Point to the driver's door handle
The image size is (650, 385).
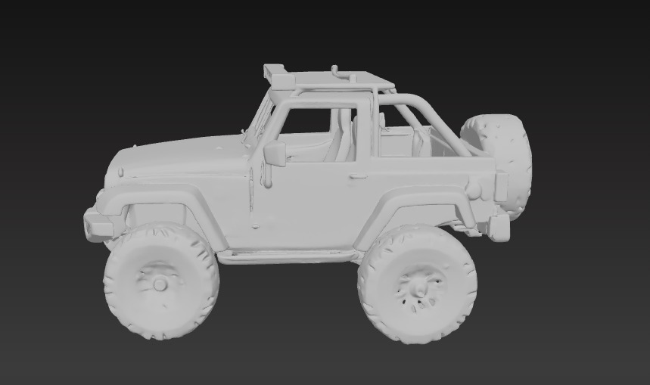358,176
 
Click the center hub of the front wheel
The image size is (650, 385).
160,284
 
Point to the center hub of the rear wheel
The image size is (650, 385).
417,287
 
